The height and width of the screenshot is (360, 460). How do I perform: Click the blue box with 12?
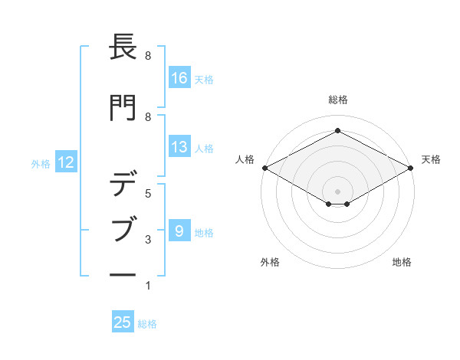(x=65, y=162)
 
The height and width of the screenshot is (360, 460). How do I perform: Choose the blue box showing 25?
(x=123, y=322)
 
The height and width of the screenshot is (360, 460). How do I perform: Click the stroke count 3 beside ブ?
(x=147, y=240)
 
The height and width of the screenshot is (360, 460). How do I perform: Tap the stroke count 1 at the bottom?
(x=147, y=286)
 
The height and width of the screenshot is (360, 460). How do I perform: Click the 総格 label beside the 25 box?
(x=147, y=323)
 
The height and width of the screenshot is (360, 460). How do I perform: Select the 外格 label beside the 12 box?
(x=41, y=162)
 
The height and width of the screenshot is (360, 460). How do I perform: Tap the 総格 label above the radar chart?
(x=337, y=100)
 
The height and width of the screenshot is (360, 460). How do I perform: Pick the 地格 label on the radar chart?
(x=402, y=262)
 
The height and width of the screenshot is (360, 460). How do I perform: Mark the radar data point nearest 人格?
(x=264, y=168)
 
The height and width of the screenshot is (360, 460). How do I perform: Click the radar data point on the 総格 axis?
(x=337, y=131)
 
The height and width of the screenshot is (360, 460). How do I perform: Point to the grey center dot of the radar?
(x=337, y=190)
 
